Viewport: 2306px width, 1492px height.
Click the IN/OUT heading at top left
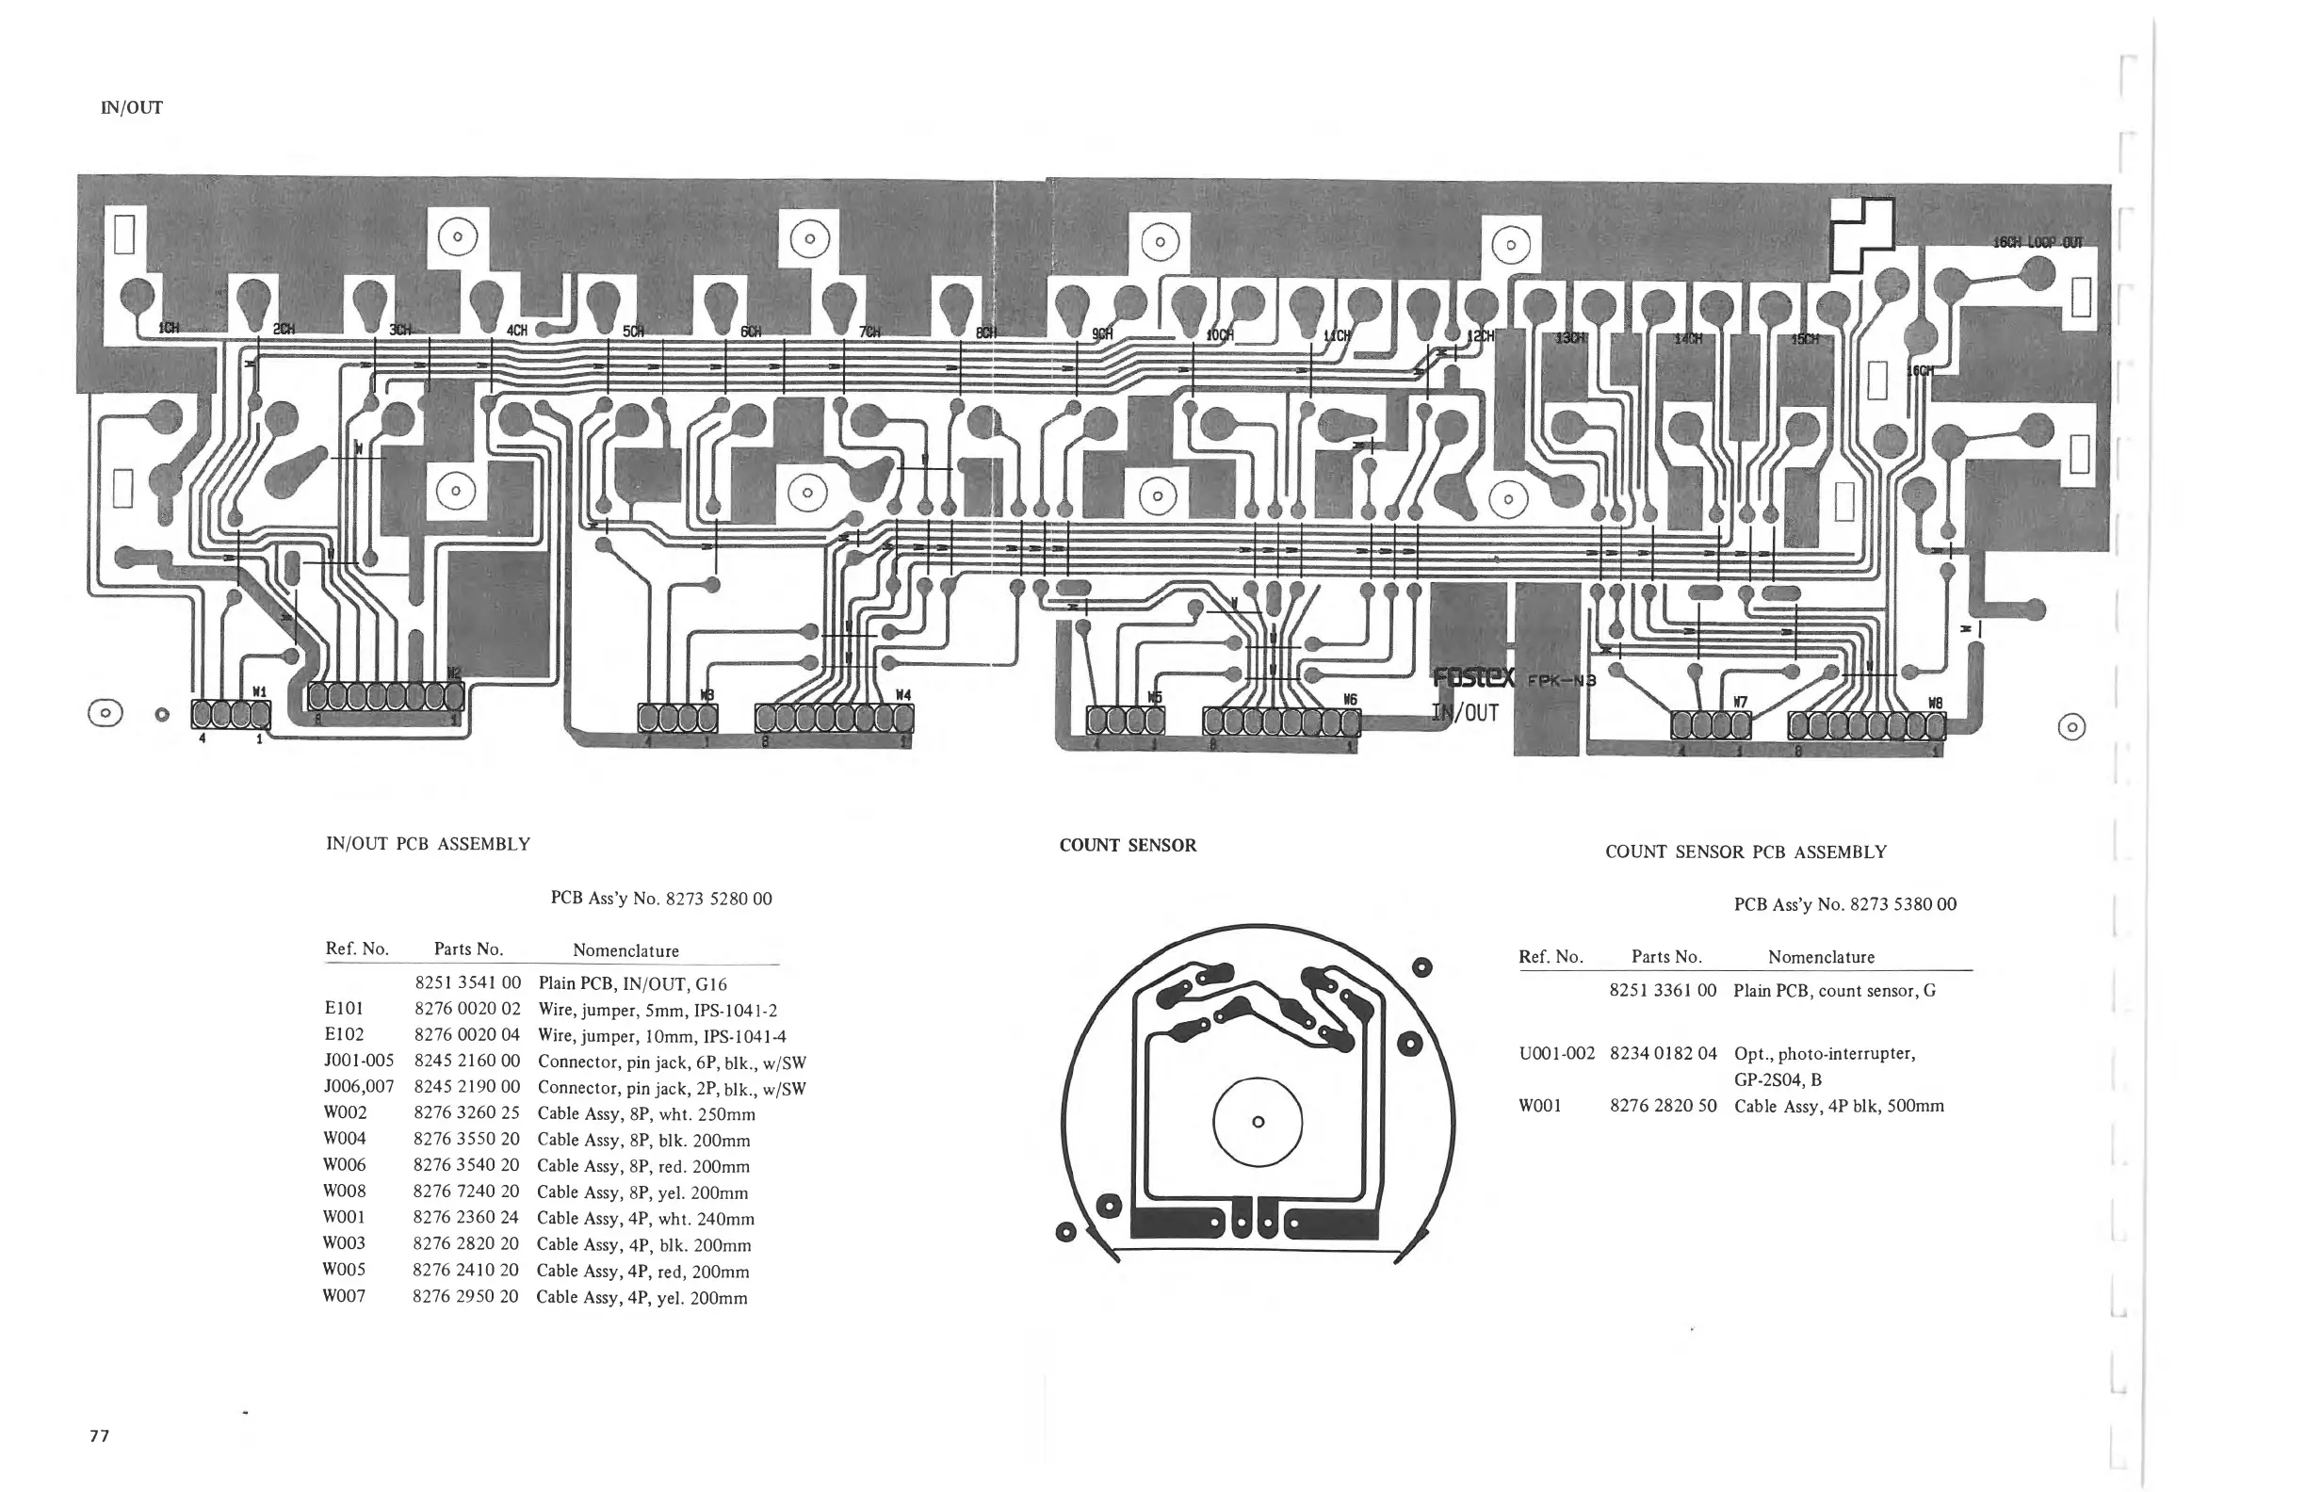(x=132, y=107)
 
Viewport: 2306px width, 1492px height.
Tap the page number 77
(x=100, y=1435)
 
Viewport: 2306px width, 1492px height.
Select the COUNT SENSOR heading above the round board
(x=1128, y=845)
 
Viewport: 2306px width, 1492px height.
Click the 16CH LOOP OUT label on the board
(x=2037, y=242)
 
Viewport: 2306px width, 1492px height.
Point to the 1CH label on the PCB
(x=169, y=328)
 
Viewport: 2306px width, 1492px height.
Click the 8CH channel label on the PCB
(x=985, y=332)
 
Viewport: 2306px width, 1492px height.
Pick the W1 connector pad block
(x=231, y=715)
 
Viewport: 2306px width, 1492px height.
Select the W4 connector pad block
(x=835, y=718)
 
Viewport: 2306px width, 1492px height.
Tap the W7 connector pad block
(x=1710, y=724)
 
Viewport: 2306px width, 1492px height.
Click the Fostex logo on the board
(x=1473, y=679)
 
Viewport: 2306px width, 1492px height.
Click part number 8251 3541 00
(x=467, y=983)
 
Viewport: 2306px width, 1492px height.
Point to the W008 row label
(x=344, y=1191)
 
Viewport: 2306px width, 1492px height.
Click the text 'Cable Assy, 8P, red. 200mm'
(x=643, y=1165)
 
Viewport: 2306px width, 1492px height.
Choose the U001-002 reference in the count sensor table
(x=1556, y=1053)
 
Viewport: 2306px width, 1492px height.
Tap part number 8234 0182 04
(x=1663, y=1053)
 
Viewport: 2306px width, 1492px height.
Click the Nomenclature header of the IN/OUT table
(x=625, y=950)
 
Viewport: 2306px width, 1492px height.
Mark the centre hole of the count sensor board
(x=1258, y=1122)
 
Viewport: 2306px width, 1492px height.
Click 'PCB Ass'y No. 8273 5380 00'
(x=1844, y=904)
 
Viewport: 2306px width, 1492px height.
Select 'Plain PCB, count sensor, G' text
(x=1834, y=990)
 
